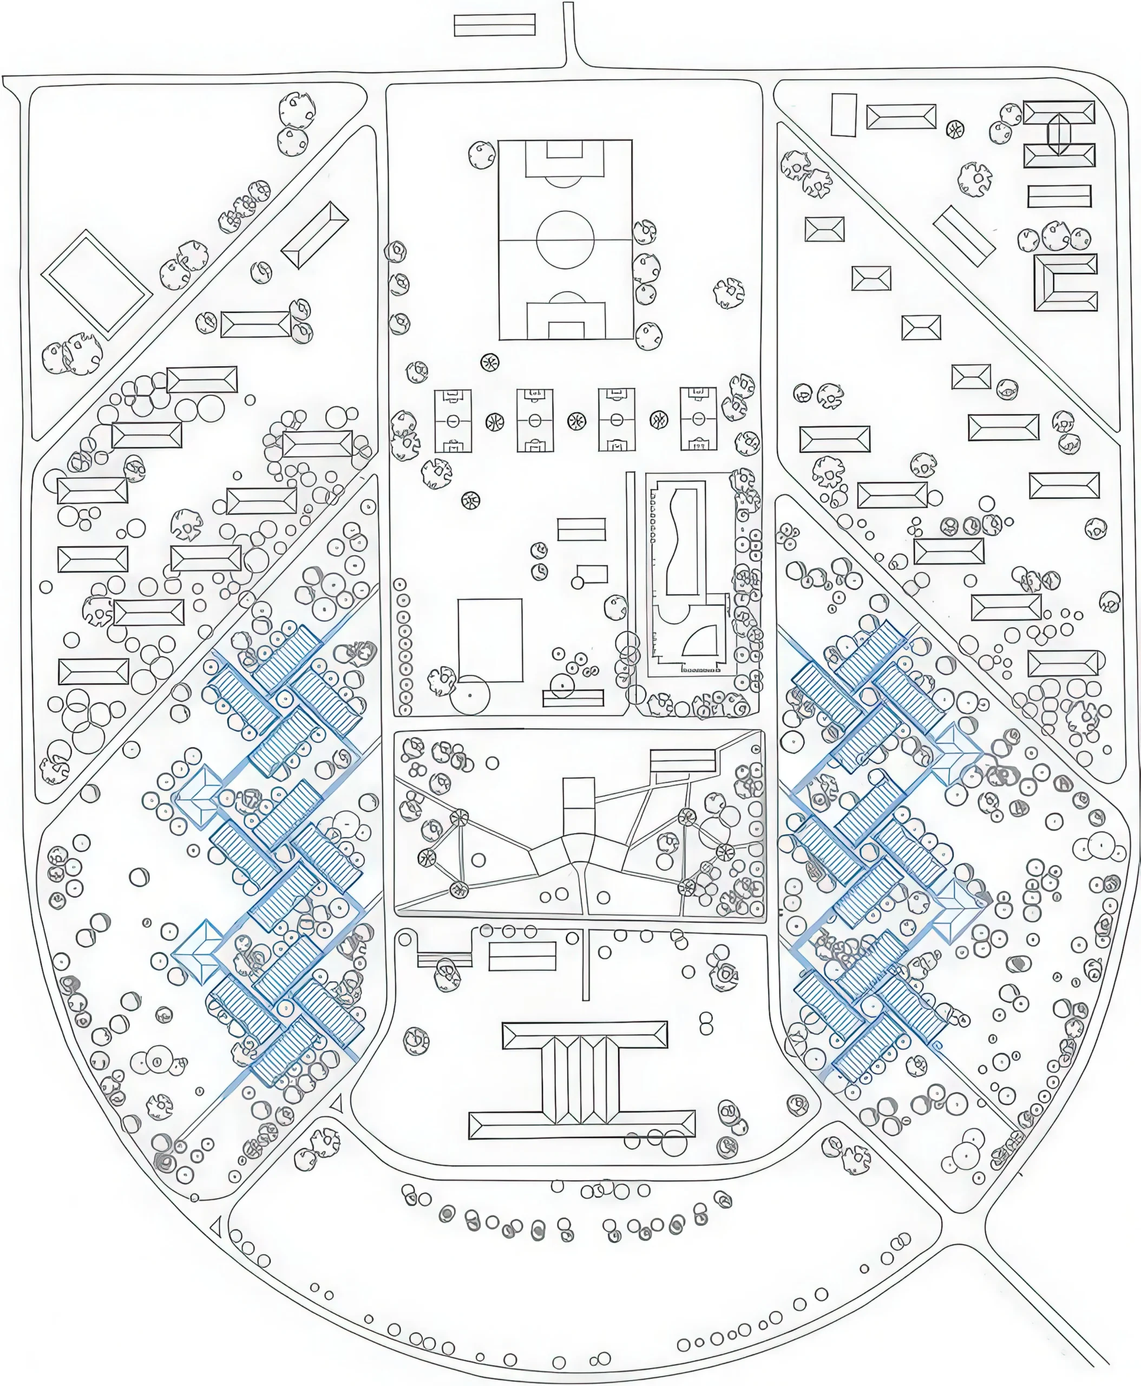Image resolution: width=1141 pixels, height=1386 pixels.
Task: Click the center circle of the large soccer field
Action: [565, 239]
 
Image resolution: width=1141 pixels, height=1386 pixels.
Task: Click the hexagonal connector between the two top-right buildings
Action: [1059, 134]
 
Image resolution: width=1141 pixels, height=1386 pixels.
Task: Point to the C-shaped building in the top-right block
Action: [1065, 282]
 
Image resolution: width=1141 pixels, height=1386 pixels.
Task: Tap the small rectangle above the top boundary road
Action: [494, 25]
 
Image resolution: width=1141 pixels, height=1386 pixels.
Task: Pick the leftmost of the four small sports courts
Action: [453, 421]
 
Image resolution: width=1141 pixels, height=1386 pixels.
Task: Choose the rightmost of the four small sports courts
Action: [698, 419]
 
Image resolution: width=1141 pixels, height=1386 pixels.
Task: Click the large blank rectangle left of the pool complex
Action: [490, 640]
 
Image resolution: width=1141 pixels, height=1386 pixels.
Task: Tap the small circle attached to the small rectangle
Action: [577, 582]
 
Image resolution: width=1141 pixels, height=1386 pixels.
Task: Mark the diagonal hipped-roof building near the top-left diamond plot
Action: [315, 235]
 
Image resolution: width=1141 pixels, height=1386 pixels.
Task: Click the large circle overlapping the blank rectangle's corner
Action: [470, 694]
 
